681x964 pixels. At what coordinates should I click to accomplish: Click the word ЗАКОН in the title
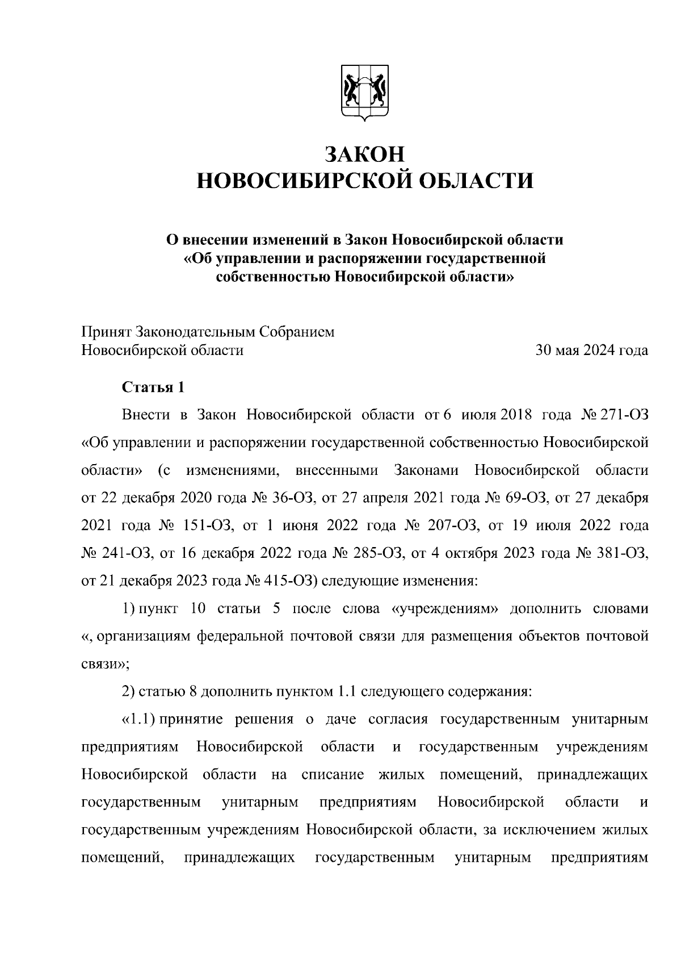click(364, 154)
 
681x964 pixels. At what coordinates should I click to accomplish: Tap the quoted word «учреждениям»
click(445, 609)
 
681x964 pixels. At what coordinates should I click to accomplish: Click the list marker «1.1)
click(139, 719)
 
